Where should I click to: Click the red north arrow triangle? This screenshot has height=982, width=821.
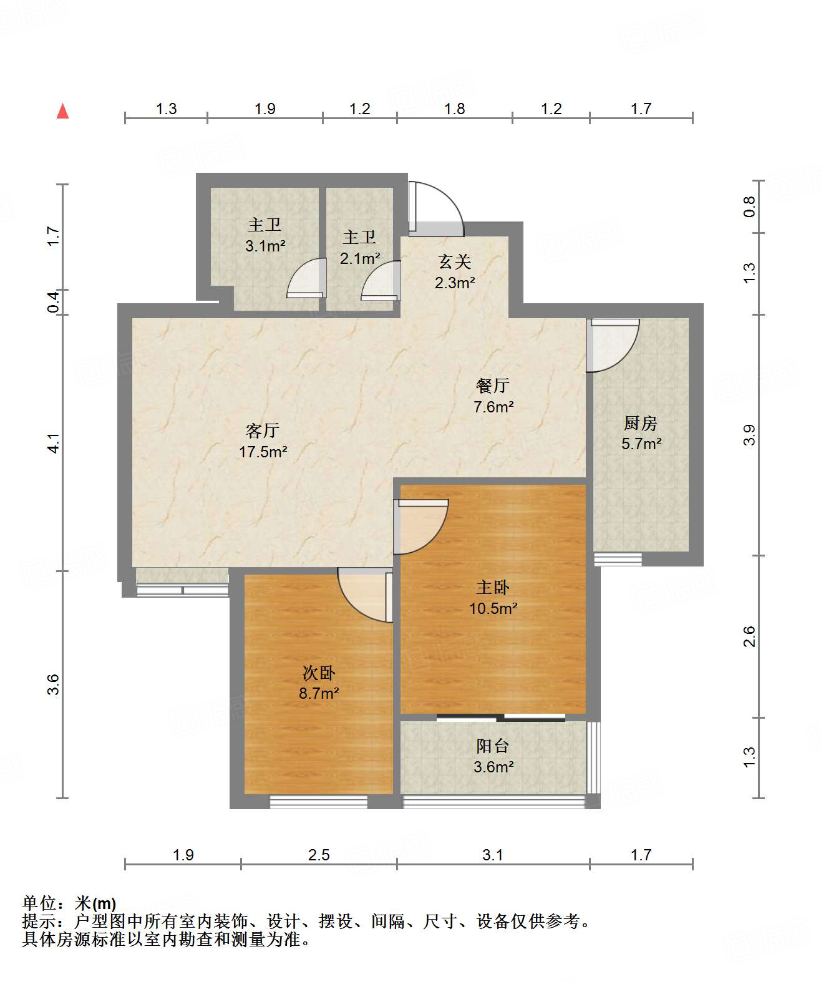coord(62,112)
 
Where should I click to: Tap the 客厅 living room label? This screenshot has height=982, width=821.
coord(263,430)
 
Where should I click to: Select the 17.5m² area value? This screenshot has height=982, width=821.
coord(263,452)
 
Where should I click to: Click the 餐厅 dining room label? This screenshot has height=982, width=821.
coord(492,386)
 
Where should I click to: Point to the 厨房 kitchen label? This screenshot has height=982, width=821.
coord(640,423)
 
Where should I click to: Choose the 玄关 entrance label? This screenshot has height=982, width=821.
coord(454,262)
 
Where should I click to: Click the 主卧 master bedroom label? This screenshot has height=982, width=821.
coord(492,588)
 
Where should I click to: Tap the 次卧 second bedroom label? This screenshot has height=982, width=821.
coord(318,673)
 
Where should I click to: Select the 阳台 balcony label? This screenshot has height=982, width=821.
coord(492,746)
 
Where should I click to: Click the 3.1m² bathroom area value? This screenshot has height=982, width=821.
coord(265,246)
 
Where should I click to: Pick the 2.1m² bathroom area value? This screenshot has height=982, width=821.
coord(360,259)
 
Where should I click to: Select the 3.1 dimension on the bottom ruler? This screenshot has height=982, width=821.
coord(492,855)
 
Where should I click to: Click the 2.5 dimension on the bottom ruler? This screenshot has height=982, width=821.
coord(319,855)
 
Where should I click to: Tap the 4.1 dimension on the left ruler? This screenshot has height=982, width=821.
coord(54,443)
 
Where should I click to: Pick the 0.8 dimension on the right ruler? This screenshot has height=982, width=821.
coord(749,207)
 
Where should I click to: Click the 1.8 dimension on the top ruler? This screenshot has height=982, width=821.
coord(454,109)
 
